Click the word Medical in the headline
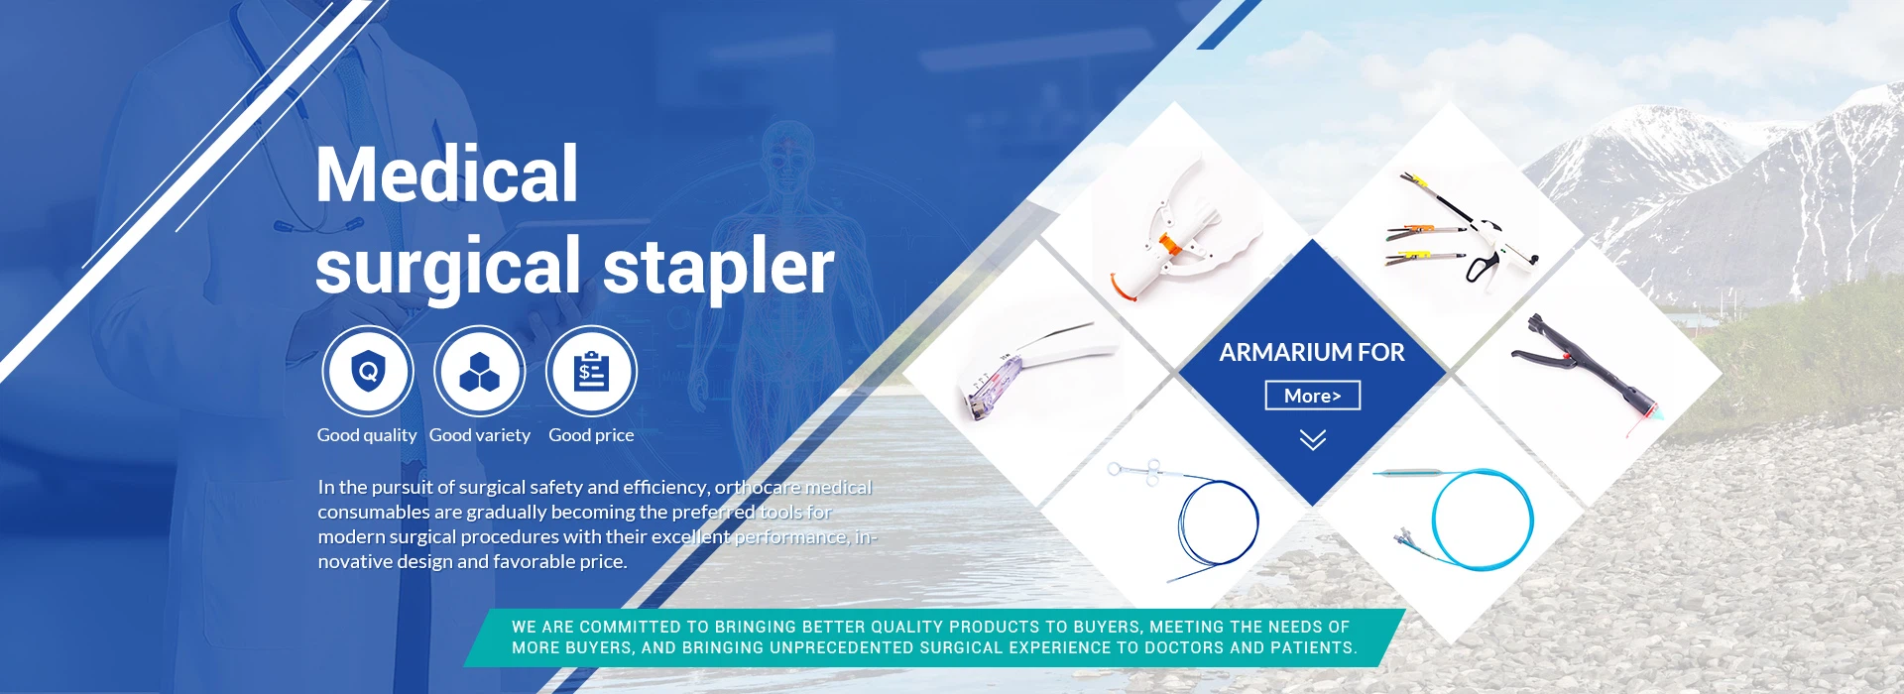coord(446,174)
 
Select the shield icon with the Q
coord(368,372)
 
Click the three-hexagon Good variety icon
coord(480,372)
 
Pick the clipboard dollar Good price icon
coord(591,372)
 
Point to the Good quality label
coord(367,435)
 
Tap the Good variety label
coord(480,435)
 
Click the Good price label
coord(591,435)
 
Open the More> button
coord(1313,396)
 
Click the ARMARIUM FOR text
coord(1312,352)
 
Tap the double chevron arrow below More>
coord(1313,440)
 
